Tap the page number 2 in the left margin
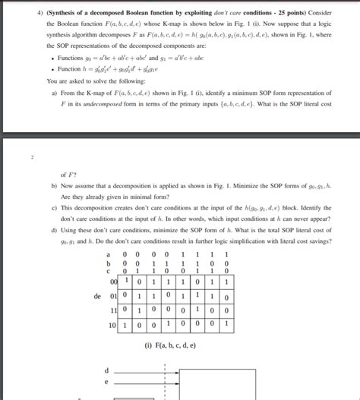coord(31,159)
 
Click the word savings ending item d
coord(313,240)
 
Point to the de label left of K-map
coord(97,296)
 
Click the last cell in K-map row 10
coord(226,326)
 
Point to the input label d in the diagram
coord(108,370)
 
